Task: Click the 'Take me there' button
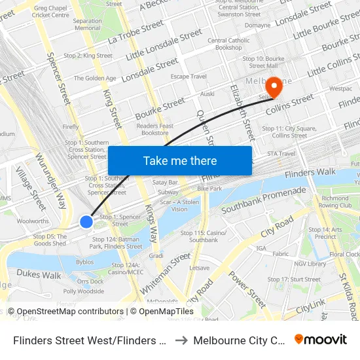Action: pyautogui.click(x=180, y=160)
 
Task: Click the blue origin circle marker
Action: pyautogui.click(x=86, y=222)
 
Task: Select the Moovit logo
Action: pyautogui.click(x=321, y=339)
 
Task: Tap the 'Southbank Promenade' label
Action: pyautogui.click(x=263, y=200)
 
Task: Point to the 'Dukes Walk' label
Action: pyautogui.click(x=39, y=275)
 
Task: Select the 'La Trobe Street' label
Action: pyautogui.click(x=136, y=30)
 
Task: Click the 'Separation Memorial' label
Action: pyautogui.click(x=87, y=25)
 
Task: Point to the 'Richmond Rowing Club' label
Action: pyautogui.click(x=335, y=202)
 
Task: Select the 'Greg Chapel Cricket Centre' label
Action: pyautogui.click(x=50, y=11)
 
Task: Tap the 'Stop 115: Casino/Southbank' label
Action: pyautogui.click(x=203, y=236)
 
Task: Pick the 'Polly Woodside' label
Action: pyautogui.click(x=83, y=291)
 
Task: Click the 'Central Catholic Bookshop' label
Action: pyautogui.click(x=228, y=44)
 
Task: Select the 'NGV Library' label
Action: pyautogui.click(x=310, y=264)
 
